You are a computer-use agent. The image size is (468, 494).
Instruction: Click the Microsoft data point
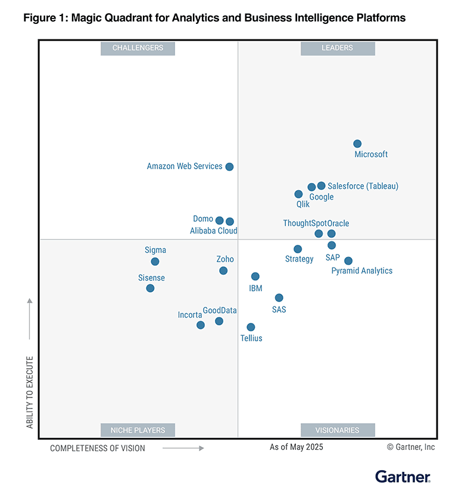point(357,144)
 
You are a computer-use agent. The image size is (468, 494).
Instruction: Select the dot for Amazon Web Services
point(229,167)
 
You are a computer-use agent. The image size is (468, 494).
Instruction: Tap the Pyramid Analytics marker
point(348,261)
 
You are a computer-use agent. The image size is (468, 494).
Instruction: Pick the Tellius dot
point(251,327)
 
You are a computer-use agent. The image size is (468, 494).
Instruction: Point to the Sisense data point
point(150,288)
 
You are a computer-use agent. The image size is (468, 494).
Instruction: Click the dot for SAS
point(279,298)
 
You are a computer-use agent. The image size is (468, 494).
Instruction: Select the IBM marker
point(255,276)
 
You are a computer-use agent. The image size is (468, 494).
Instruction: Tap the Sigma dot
point(155,262)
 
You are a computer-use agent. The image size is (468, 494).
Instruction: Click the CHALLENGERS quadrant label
point(138,48)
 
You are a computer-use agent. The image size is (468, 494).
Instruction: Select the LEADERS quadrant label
point(338,48)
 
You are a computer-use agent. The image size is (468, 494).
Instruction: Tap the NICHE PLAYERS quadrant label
point(138,430)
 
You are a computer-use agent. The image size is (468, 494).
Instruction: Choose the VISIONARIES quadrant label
point(338,430)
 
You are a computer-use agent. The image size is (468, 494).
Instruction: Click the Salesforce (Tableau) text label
point(363,187)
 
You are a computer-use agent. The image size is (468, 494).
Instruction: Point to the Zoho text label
point(225,259)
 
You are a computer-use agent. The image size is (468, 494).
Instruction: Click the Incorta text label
point(190,315)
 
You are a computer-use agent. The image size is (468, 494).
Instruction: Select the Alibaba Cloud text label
point(213,231)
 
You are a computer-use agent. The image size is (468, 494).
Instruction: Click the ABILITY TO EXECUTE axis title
point(30,393)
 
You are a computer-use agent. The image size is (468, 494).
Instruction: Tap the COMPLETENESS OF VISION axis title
point(97,448)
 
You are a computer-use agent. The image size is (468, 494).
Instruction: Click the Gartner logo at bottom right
point(403,476)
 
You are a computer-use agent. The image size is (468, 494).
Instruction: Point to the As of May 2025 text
point(296,448)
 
